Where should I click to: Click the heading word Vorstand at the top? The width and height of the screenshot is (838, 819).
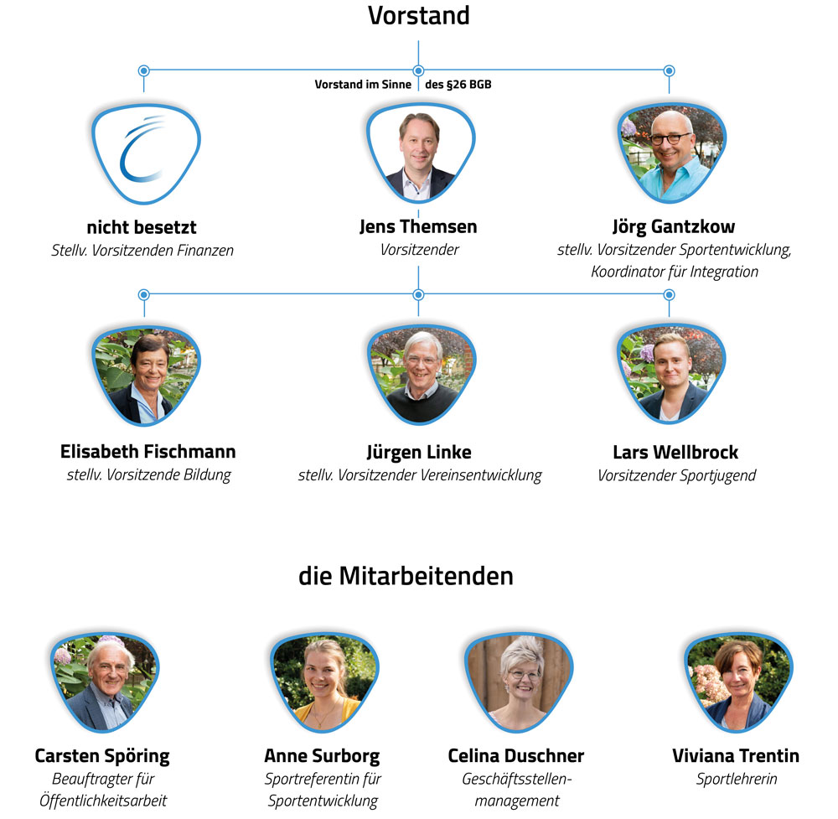(x=419, y=15)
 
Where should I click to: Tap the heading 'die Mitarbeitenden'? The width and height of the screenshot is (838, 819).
(x=406, y=577)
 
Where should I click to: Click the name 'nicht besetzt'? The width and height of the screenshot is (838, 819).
(x=142, y=227)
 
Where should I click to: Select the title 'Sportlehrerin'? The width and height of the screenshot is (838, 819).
(x=737, y=779)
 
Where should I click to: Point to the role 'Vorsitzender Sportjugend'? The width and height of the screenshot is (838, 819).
(x=676, y=475)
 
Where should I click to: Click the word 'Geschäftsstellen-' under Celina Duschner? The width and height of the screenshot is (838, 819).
(x=516, y=779)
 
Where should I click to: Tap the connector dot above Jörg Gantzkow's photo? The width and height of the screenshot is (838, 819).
(x=669, y=71)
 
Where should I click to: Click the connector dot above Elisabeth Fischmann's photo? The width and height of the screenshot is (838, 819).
(x=143, y=295)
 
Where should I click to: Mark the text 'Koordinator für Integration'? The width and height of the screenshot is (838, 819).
(x=675, y=272)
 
